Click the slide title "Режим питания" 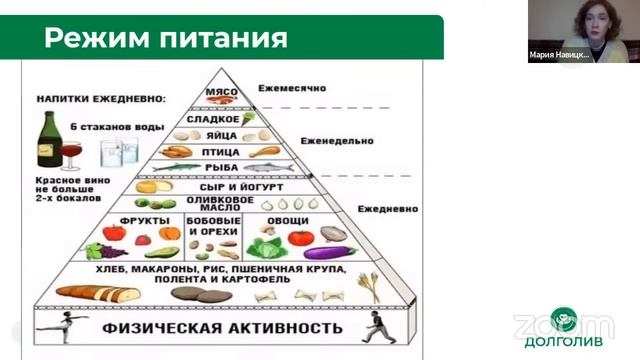[x=165, y=39]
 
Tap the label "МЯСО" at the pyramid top [x=219, y=92]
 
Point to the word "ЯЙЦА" [x=222, y=135]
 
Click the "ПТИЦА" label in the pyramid [x=222, y=152]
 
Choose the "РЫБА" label [x=220, y=168]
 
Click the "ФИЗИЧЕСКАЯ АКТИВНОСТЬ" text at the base [x=225, y=327]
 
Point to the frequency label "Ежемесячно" [x=292, y=88]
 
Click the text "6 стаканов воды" [x=113, y=125]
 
